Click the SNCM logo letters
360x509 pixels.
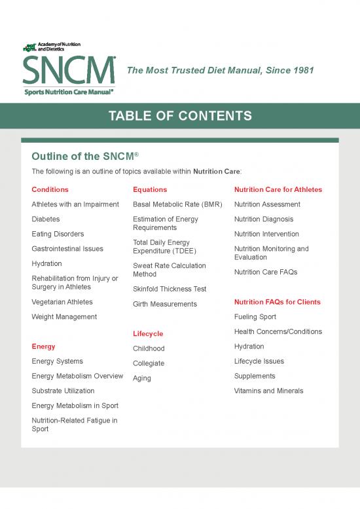pyautogui.click(x=69, y=69)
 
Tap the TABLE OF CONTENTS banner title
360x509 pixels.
pyautogui.click(x=180, y=117)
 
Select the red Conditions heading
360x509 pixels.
pyautogui.click(x=50, y=189)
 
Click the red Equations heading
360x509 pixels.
pyautogui.click(x=150, y=189)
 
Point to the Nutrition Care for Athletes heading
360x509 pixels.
pyautogui.click(x=278, y=189)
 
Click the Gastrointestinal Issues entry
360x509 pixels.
pyautogui.click(x=67, y=249)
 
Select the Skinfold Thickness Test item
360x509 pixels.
pyautogui.click(x=170, y=289)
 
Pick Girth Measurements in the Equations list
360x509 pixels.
pyautogui.click(x=164, y=304)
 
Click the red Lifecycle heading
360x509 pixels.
pyautogui.click(x=148, y=333)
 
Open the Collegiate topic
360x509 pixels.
pyautogui.click(x=149, y=364)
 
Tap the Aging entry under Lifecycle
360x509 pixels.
pyautogui.click(x=142, y=378)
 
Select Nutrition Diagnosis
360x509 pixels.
pyautogui.click(x=264, y=219)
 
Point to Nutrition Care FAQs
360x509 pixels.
pyautogui.click(x=266, y=272)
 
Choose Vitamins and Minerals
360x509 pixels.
pyautogui.click(x=269, y=391)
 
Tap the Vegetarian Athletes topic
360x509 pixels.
pyautogui.click(x=62, y=302)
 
